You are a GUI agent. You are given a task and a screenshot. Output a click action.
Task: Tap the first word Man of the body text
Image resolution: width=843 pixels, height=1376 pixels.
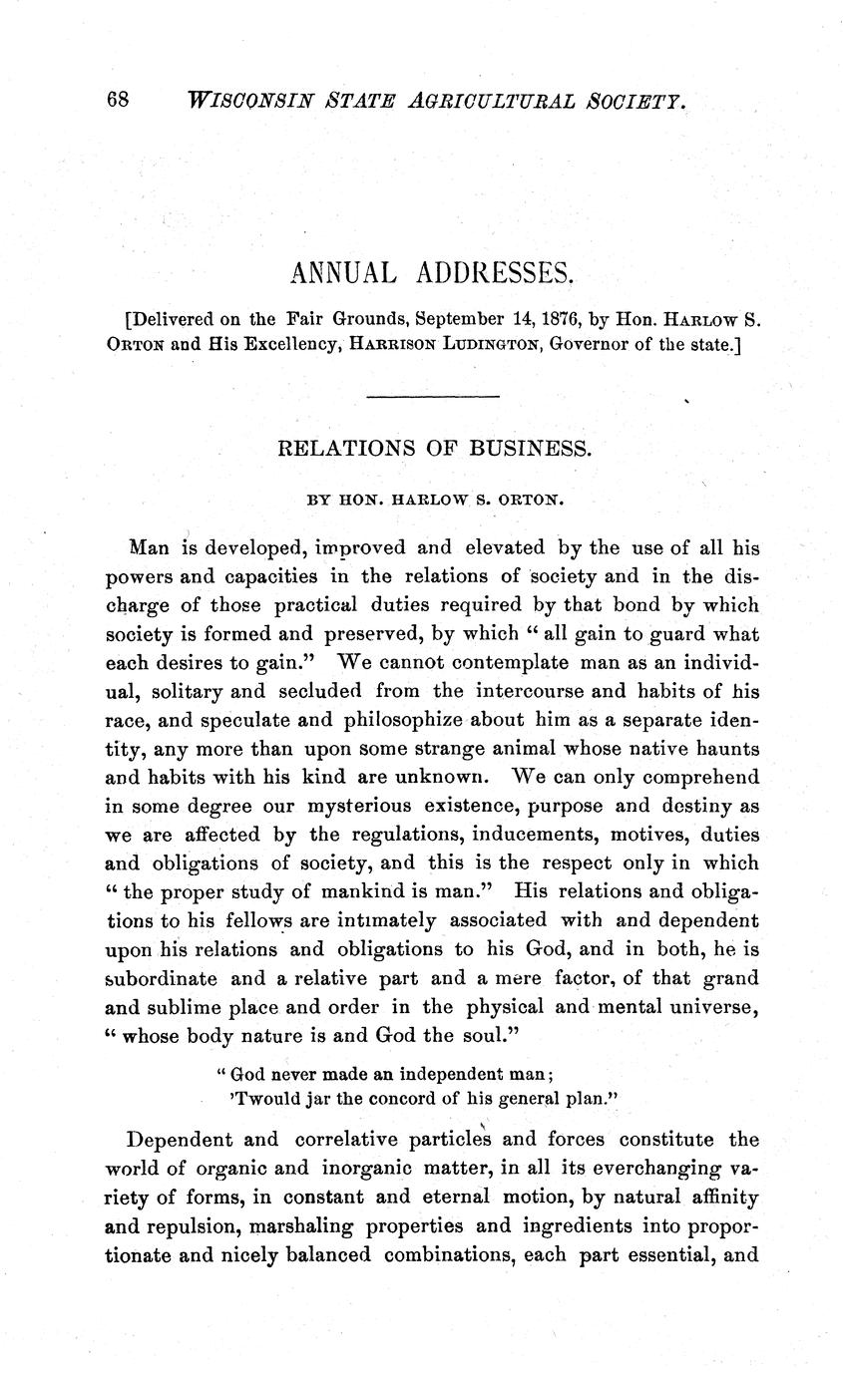tap(149, 547)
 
